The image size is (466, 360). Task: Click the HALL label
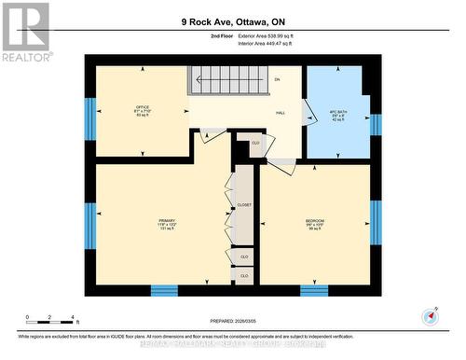pos(280,111)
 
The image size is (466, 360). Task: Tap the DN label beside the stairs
pos(277,79)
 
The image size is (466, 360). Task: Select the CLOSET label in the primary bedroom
pos(244,204)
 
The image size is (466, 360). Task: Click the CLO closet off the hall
pos(254,144)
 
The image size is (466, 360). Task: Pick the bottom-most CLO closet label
pos(244,276)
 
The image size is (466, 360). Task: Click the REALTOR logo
pos(25,32)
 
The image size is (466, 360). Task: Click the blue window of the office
pos(90,117)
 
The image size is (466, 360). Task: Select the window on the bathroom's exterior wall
pos(376,124)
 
